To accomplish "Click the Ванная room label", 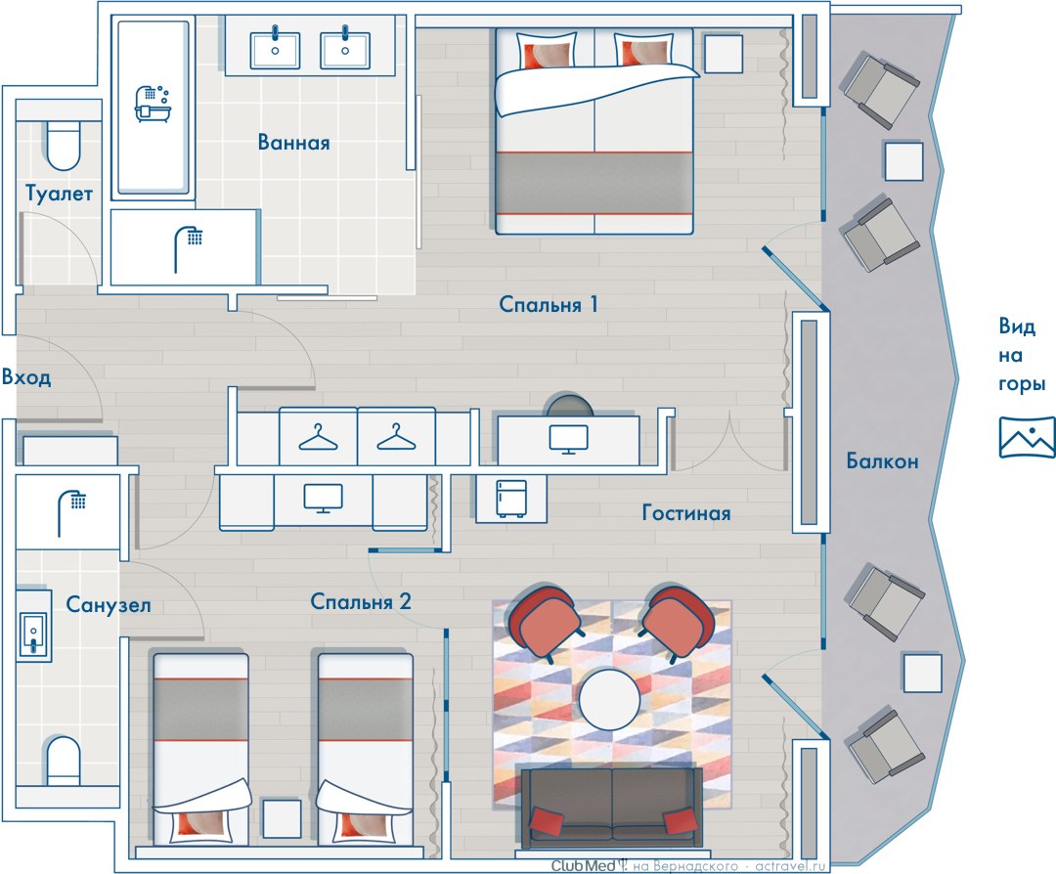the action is click(293, 142).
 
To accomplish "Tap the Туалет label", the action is click(59, 194).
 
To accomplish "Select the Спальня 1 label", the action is click(549, 304).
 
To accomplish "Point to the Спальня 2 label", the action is click(360, 601).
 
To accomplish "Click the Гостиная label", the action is click(686, 513).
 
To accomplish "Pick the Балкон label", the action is click(882, 461).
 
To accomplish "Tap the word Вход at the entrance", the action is click(26, 377).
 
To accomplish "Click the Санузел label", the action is click(108, 604).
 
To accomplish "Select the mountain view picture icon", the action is click(1027, 437).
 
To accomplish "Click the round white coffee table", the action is click(609, 700).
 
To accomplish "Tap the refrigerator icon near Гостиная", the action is click(511, 499).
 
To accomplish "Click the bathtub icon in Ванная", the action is click(153, 103).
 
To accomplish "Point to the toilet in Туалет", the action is click(64, 145).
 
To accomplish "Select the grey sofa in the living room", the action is click(611, 807).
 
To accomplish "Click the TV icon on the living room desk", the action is click(568, 439).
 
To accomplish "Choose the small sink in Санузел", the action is click(33, 633).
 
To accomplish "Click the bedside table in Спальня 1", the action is click(724, 53).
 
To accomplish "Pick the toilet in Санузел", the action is click(63, 761).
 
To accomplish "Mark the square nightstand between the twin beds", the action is click(282, 818).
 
